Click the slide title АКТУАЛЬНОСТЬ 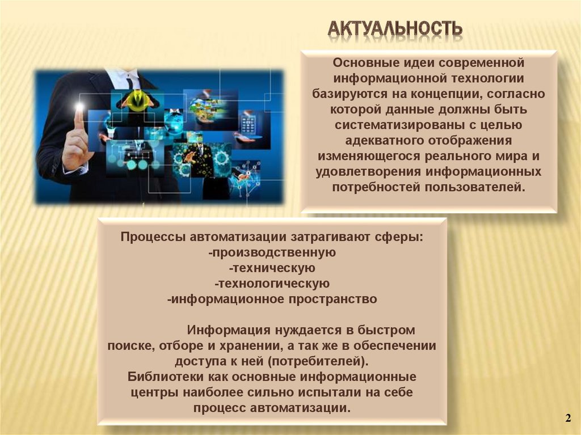click(x=395, y=28)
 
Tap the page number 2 click(x=567, y=418)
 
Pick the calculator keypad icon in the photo click(x=248, y=124)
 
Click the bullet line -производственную click(x=273, y=252)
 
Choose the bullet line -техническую click(x=272, y=267)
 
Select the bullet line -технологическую click(x=272, y=282)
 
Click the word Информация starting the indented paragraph click(x=228, y=330)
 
